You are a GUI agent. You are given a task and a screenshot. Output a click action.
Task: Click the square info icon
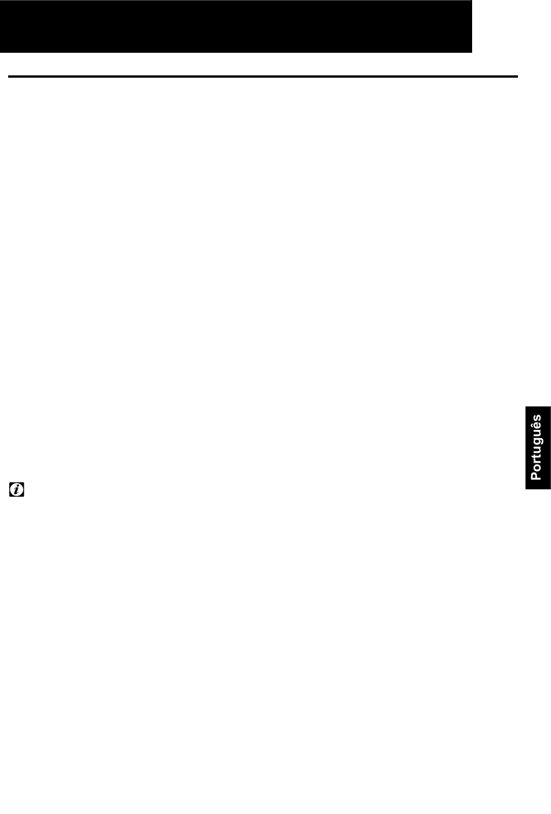point(17,489)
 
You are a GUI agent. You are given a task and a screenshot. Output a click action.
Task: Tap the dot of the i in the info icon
point(18,485)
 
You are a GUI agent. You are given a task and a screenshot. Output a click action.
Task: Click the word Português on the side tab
point(536,448)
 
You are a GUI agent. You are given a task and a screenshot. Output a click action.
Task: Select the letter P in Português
point(536,475)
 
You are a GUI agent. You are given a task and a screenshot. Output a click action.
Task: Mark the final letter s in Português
point(538,418)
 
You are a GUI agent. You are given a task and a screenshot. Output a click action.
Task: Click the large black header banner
point(236,26)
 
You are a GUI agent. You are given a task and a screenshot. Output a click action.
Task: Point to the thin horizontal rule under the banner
point(263,77)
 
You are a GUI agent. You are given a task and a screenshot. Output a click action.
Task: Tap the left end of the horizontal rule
point(8,77)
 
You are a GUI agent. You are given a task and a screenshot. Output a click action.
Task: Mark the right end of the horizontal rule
point(517,77)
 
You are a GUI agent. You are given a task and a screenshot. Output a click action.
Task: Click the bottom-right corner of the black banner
point(472,52)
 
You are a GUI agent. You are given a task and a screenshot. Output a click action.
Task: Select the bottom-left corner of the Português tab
point(525,489)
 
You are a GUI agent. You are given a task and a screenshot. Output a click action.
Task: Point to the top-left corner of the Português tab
point(525,406)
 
